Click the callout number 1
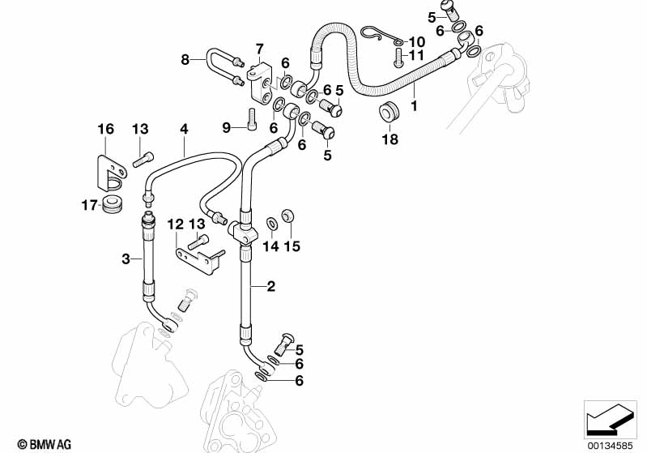414,105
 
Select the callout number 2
271,285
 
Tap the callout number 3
126,259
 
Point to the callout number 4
184,129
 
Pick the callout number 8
185,59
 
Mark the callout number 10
416,41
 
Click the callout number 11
416,55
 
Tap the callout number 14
270,246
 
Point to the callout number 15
292,246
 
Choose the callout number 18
390,139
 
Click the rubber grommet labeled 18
390,113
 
